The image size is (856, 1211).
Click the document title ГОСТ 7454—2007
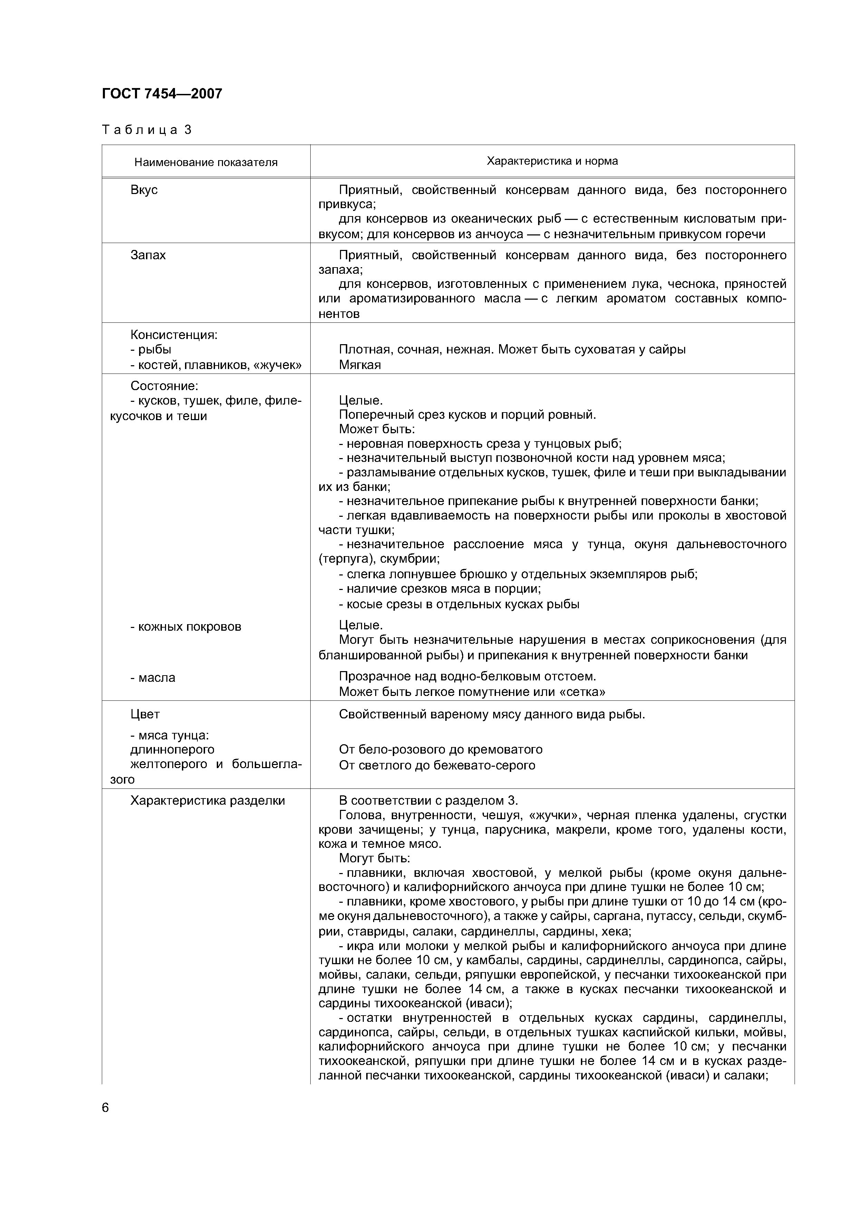coord(162,94)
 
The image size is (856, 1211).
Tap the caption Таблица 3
coord(147,130)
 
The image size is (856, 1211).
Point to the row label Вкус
coord(144,190)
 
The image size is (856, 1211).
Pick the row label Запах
coord(148,255)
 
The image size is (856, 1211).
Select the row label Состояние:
coord(164,386)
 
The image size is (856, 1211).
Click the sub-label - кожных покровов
coord(186,627)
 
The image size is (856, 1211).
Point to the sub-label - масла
coord(153,678)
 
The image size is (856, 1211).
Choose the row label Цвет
coord(145,714)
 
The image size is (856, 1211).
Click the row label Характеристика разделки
coord(207,801)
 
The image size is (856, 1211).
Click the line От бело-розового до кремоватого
coord(440,749)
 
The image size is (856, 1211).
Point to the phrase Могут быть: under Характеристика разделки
coord(374,858)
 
